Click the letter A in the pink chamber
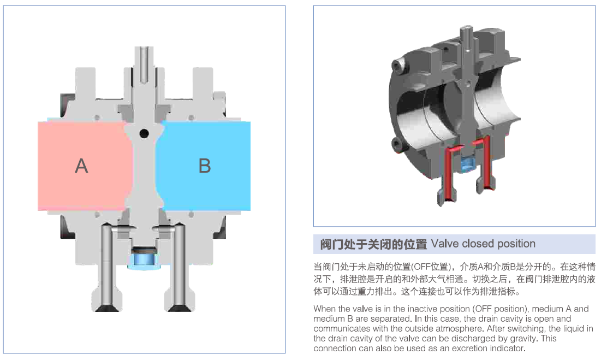(x=81, y=166)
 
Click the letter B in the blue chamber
(x=205, y=166)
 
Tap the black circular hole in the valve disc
(x=144, y=133)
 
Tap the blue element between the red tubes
(x=466, y=163)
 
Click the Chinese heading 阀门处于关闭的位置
(x=373, y=244)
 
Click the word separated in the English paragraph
(x=393, y=319)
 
